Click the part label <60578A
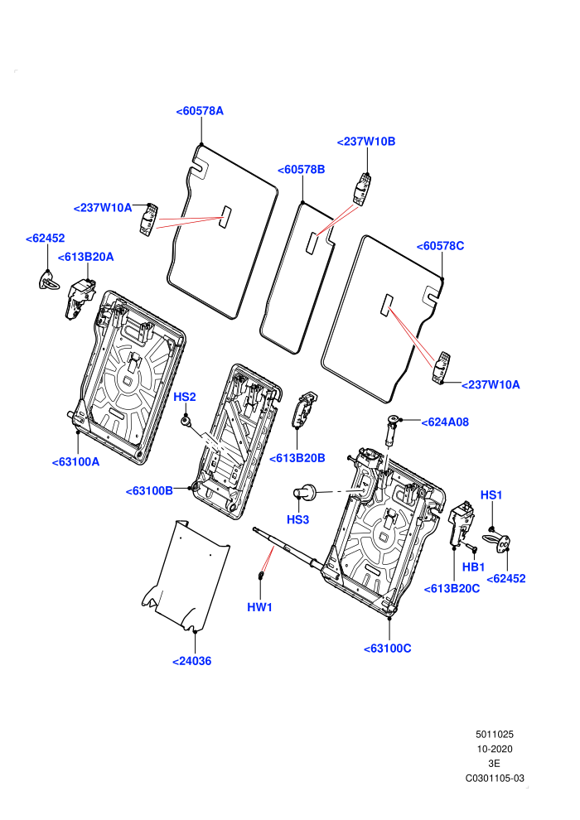[200, 111]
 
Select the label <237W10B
[366, 141]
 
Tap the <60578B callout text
[302, 170]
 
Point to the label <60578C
[440, 246]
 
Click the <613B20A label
[86, 257]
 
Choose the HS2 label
[185, 397]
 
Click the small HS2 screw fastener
[185, 420]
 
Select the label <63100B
[149, 491]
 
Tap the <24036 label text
[192, 661]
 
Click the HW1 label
[260, 607]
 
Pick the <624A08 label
[445, 422]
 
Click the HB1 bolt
[471, 547]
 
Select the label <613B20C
[452, 588]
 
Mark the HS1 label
[491, 494]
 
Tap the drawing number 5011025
[495, 734]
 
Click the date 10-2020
[495, 749]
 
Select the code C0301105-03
[495, 778]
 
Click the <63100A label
[76, 462]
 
